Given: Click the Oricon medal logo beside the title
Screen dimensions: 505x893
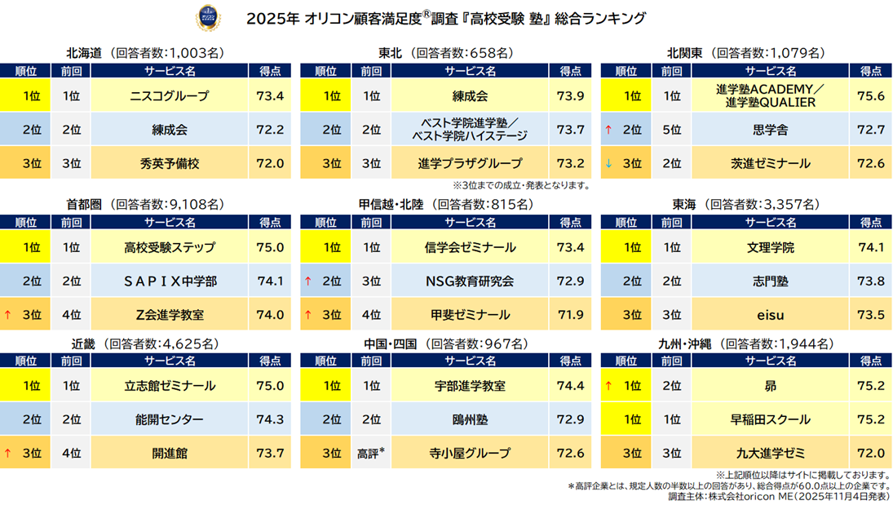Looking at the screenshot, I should click(206, 17).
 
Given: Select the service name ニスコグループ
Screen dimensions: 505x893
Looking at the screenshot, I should click(170, 96).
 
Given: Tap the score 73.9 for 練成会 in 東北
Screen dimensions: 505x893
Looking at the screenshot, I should click(570, 96).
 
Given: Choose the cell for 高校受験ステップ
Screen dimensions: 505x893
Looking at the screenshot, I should click(170, 247).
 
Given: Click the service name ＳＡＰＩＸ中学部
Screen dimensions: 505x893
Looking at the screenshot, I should click(170, 281).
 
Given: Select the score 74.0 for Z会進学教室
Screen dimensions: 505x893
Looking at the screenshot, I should click(270, 314).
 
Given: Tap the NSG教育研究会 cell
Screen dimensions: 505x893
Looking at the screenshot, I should click(470, 281).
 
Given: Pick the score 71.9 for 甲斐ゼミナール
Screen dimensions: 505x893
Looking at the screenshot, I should click(570, 314).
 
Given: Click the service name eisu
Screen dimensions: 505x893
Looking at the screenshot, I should click(770, 314).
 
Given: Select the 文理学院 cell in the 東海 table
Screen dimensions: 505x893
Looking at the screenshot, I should click(770, 247).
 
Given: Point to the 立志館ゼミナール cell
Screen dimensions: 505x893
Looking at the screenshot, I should click(170, 386).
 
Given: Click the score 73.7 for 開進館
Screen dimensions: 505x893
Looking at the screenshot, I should click(270, 453).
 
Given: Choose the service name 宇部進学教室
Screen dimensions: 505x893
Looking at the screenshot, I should click(470, 386).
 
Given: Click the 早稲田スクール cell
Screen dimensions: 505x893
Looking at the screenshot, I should click(770, 419).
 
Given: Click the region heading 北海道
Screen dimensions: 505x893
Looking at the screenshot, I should click(84, 53).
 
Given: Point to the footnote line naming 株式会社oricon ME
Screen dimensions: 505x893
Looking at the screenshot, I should click(778, 495).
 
